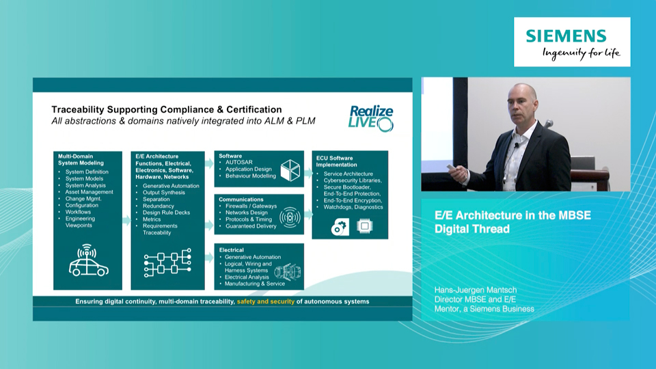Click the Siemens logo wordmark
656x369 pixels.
(x=566, y=36)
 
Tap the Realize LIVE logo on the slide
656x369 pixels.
(x=370, y=119)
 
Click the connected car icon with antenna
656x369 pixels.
(x=88, y=260)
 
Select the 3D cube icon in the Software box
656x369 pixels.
(x=290, y=170)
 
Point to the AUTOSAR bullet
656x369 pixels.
(x=239, y=163)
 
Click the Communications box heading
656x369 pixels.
(x=241, y=200)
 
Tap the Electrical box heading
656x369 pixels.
(x=232, y=250)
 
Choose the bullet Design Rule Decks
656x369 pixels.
(x=166, y=213)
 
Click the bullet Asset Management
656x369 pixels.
(x=89, y=192)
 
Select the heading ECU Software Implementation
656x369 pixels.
(x=336, y=161)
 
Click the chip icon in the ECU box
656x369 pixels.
(x=364, y=226)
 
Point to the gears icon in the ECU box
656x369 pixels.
(x=340, y=227)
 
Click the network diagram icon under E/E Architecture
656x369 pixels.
(x=167, y=262)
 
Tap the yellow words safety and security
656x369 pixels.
(x=266, y=301)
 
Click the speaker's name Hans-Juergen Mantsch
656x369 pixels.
(x=476, y=290)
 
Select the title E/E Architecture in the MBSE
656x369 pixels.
(x=512, y=215)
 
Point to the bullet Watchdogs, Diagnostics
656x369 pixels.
(x=353, y=207)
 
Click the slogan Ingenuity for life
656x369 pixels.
(x=581, y=53)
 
